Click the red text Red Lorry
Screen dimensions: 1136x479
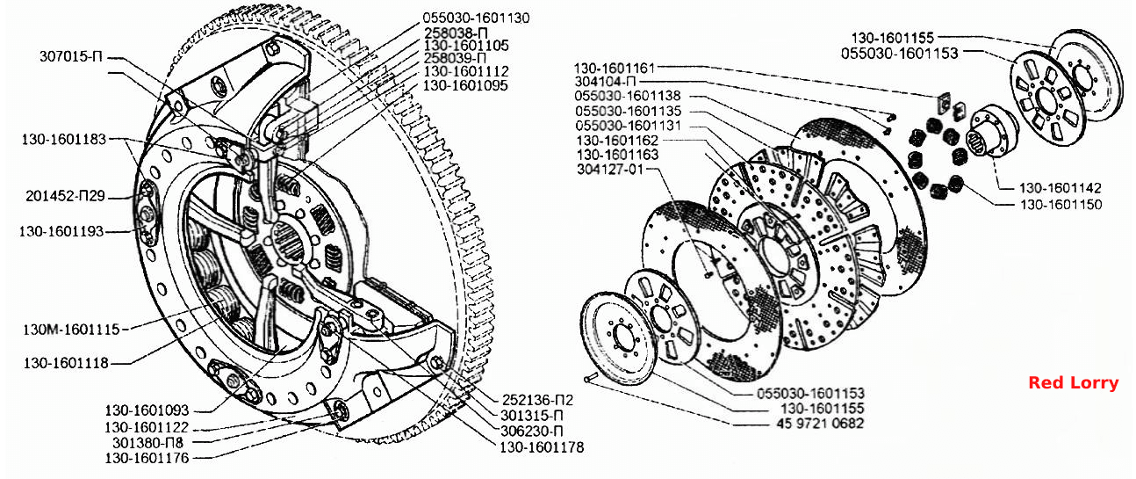1073,382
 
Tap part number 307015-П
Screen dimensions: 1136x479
71,56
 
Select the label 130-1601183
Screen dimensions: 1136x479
64,139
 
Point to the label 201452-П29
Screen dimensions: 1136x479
66,196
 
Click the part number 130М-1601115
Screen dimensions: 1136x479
71,330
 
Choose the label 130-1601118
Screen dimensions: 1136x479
66,363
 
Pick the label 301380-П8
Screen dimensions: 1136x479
147,442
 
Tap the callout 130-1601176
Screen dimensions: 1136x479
147,458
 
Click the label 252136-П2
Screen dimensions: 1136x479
537,400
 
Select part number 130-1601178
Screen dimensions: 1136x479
542,447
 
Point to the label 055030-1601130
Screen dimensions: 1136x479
476,18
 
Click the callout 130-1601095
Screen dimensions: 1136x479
465,85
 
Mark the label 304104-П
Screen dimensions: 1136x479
605,82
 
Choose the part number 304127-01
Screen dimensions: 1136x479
610,169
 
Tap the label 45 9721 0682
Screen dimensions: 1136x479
820,423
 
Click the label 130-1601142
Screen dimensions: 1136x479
1060,188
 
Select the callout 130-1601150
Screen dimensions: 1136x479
1061,205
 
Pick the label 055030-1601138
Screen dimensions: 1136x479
628,96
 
